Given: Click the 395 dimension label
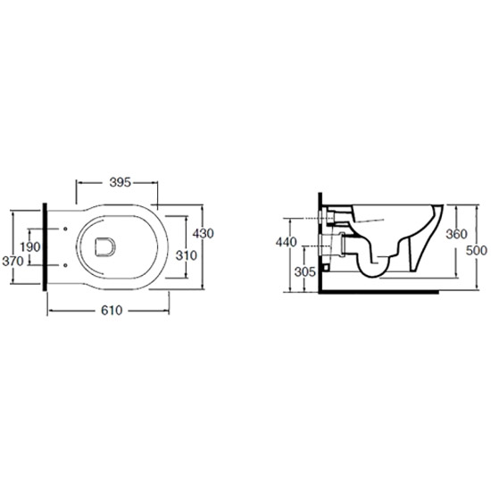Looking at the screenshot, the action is point(120,182).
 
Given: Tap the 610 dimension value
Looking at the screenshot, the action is point(112,311).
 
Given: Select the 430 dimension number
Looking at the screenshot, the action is point(204,233).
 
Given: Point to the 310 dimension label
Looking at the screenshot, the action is point(187,255).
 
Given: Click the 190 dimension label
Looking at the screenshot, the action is point(30,247).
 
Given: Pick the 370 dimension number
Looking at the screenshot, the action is point(12,261).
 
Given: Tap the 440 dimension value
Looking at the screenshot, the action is point(287,242).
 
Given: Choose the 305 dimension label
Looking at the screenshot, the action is point(305,271).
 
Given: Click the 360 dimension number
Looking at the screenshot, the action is point(456,234).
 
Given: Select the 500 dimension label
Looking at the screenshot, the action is point(477,251).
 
